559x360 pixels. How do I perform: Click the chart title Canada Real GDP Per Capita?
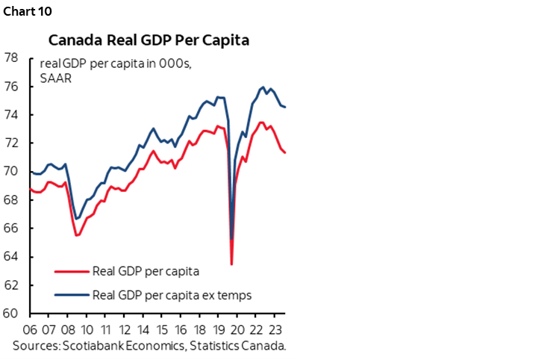149,39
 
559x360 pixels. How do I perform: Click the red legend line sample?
71,271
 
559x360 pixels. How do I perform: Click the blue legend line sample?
71,295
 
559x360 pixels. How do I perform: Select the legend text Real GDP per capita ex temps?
171,295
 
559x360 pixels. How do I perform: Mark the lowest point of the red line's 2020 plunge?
231,264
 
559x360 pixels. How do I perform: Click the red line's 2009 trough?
76,235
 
